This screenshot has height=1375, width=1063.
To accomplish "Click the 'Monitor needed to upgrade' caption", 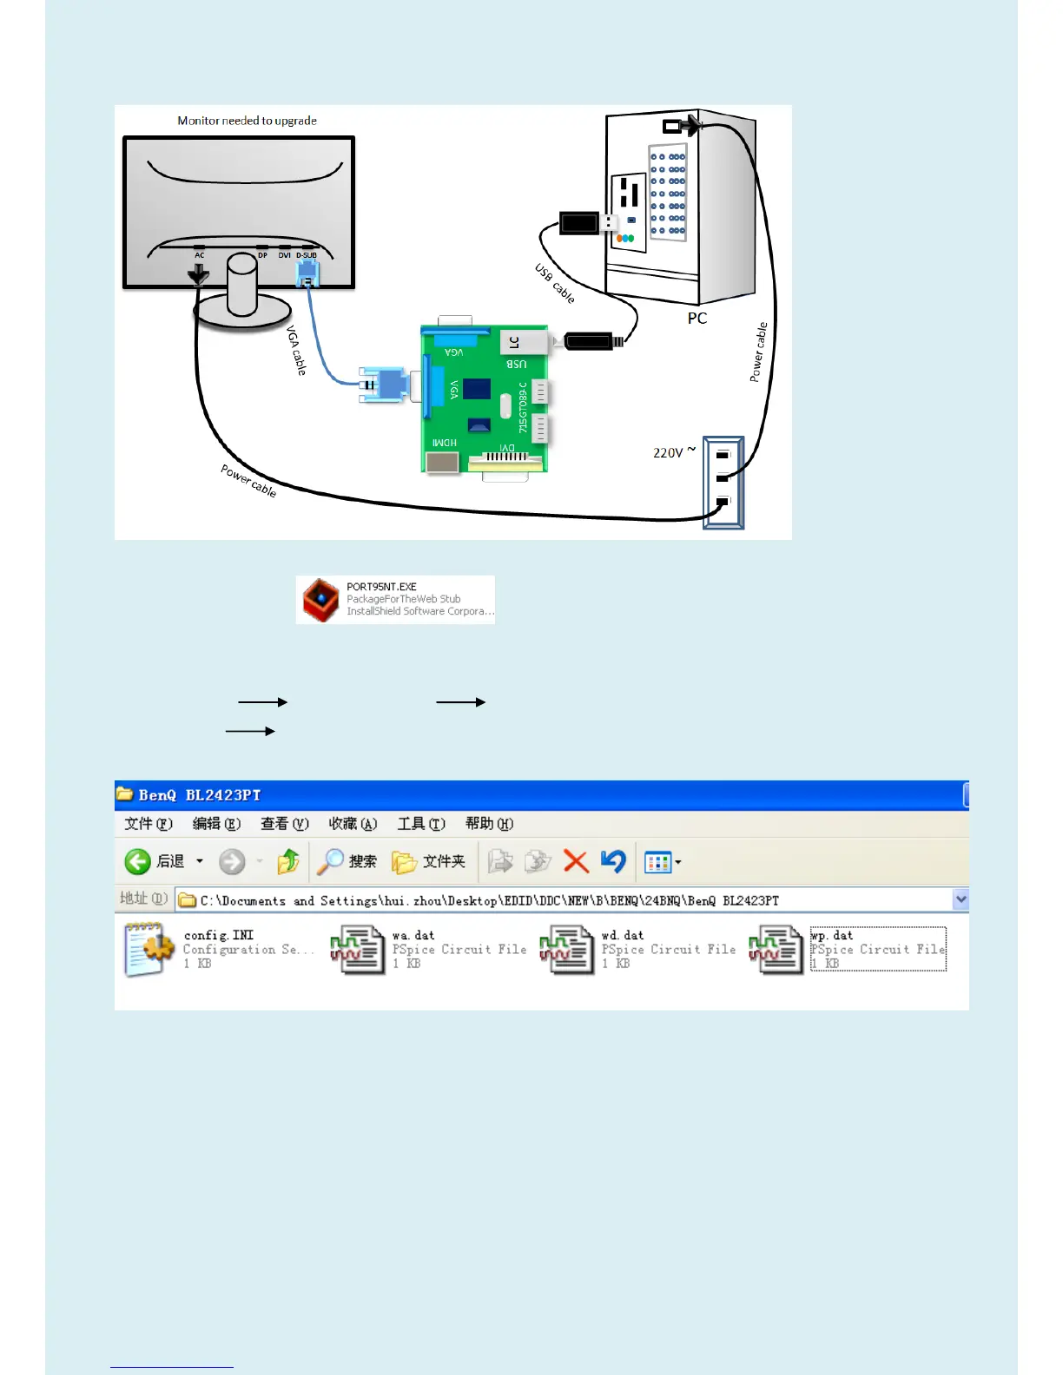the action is coord(247,121).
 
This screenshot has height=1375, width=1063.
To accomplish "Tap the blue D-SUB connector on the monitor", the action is coord(307,273).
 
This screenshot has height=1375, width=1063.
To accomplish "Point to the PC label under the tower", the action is coord(697,319).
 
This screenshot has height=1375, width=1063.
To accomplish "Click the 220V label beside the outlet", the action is coord(669,452).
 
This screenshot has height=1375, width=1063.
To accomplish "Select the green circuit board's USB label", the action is coord(517,365).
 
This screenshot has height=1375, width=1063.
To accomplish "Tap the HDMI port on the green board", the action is coord(442,461).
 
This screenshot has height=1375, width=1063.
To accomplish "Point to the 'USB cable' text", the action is coord(554,284).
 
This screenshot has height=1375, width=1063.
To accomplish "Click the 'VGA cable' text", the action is coord(296,350).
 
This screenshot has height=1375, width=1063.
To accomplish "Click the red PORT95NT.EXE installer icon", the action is coord(320,600).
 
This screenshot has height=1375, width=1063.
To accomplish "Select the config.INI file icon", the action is coord(148,950).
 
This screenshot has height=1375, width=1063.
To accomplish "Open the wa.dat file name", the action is coord(413,936).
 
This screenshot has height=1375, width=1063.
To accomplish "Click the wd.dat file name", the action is coord(623,936).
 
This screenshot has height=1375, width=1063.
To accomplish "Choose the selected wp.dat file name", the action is coord(832,936).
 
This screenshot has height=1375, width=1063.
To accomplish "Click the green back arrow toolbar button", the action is coord(138,861).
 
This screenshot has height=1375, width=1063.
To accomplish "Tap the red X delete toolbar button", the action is coord(575,861).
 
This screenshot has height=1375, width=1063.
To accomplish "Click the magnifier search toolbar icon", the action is coord(330,861).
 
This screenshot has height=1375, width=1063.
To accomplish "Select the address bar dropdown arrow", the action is coord(960,899).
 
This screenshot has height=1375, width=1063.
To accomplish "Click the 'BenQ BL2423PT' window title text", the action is coord(200,795).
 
